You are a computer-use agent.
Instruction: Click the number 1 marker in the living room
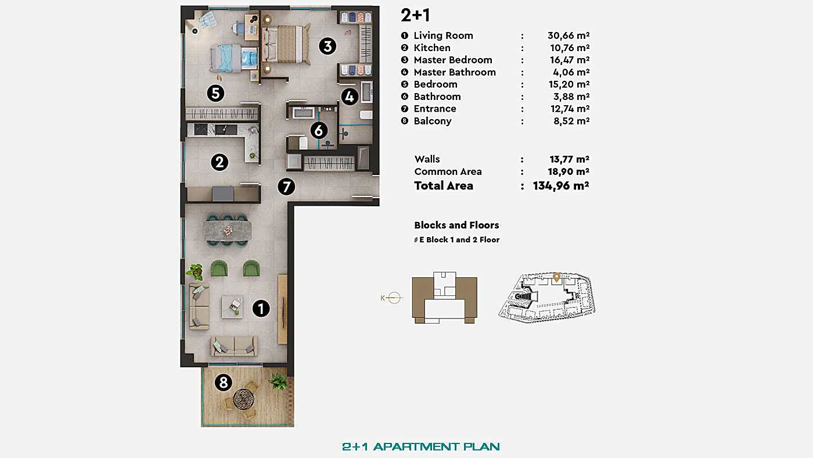pyautogui.click(x=261, y=309)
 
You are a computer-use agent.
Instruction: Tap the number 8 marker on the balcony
pyautogui.click(x=223, y=382)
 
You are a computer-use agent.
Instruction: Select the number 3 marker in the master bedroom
pyautogui.click(x=328, y=46)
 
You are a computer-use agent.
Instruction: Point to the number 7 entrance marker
pyautogui.click(x=286, y=187)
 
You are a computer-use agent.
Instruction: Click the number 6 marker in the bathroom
pyautogui.click(x=318, y=130)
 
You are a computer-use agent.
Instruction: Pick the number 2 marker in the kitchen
pyautogui.click(x=219, y=162)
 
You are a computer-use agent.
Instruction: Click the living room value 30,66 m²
pyautogui.click(x=569, y=35)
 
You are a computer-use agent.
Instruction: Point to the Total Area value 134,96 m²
pyautogui.click(x=561, y=186)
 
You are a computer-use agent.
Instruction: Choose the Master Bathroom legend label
pyautogui.click(x=455, y=72)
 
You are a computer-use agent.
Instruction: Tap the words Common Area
pyautogui.click(x=448, y=171)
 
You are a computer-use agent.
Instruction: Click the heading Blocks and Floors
pyautogui.click(x=456, y=225)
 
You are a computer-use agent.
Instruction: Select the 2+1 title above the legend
pyautogui.click(x=415, y=15)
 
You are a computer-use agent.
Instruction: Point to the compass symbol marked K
pyautogui.click(x=393, y=298)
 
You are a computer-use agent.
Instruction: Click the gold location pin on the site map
pyautogui.click(x=556, y=277)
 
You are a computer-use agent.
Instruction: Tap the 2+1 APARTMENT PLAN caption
pyautogui.click(x=421, y=446)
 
